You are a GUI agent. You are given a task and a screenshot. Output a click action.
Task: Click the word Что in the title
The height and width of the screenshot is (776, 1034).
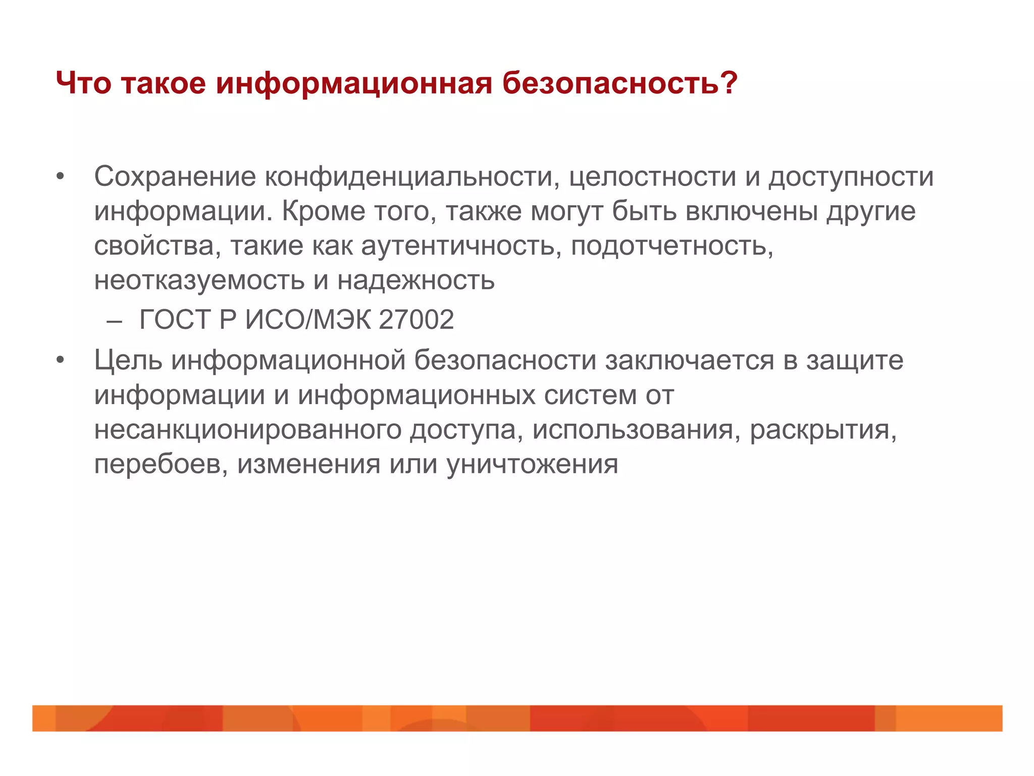click(x=83, y=83)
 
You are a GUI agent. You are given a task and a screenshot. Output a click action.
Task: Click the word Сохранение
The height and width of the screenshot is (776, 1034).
click(x=175, y=177)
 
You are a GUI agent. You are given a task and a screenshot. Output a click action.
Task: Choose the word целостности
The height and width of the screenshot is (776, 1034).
click(x=652, y=177)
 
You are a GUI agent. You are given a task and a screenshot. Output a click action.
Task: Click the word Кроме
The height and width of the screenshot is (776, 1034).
click(x=323, y=211)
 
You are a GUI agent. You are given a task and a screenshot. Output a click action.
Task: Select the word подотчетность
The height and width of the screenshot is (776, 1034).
click(x=672, y=246)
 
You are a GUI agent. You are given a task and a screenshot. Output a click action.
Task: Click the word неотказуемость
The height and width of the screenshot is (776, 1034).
click(x=199, y=280)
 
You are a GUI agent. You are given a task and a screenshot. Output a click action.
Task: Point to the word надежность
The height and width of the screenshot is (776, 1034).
click(x=416, y=280)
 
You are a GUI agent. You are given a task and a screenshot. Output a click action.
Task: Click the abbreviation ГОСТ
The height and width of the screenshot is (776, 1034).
click(x=174, y=320)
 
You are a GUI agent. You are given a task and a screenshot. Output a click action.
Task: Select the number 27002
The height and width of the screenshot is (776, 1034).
click(x=416, y=320)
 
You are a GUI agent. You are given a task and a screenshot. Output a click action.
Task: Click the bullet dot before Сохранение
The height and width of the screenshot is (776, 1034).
click(x=61, y=177)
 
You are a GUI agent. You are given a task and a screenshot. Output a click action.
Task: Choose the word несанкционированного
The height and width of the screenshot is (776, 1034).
click(x=247, y=430)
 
